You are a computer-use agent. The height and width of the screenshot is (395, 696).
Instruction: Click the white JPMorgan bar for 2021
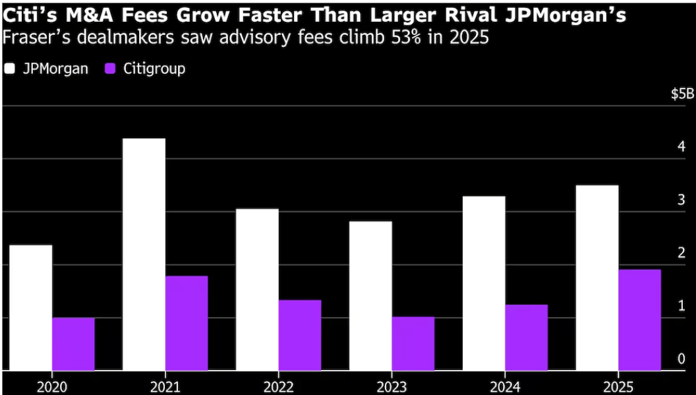coord(144,255)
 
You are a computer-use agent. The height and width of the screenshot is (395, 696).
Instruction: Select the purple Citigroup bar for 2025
coord(639,320)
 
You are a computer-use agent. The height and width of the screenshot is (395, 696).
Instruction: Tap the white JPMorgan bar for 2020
coord(30,308)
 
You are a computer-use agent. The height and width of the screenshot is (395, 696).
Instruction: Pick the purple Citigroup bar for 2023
coord(413,344)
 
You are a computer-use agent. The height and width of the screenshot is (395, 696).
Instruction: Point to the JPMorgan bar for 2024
coord(484,284)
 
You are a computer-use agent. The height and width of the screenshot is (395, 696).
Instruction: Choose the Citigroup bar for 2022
coord(299,335)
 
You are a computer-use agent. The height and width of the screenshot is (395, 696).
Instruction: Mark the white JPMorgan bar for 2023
coord(370,296)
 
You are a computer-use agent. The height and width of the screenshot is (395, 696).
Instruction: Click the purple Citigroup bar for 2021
coord(186,323)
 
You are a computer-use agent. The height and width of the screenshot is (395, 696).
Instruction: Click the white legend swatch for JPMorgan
coord(9,69)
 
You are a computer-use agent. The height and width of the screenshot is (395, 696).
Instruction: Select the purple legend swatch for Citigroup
coord(111,69)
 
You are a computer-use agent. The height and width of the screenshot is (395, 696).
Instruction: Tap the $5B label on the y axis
coord(682,94)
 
